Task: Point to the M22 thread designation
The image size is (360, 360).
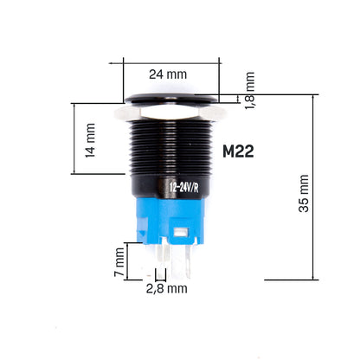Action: pos(237,151)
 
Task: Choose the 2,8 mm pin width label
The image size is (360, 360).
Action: pos(165,289)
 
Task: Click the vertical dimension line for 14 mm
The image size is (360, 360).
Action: pos(75,138)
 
